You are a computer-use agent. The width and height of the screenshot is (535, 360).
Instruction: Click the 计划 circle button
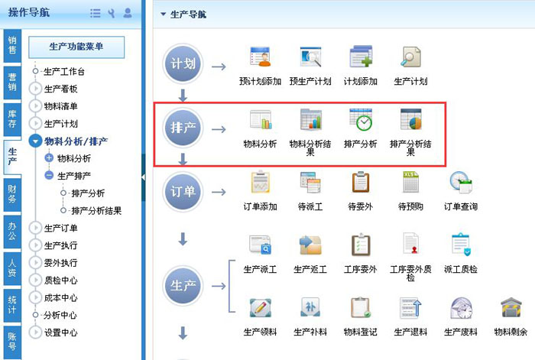pos(182,64)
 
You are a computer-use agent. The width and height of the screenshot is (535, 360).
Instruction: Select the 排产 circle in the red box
pos(182,128)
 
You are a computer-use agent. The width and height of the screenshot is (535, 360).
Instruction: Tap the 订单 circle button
pos(182,190)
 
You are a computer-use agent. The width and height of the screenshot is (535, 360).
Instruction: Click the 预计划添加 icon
pos(261,59)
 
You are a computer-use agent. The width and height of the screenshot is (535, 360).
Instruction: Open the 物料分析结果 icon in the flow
pos(311,122)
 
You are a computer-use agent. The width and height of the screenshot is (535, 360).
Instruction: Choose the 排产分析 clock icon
pos(360,122)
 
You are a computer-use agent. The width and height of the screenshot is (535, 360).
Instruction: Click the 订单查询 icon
pos(460,183)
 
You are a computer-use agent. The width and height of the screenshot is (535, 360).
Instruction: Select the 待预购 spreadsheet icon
pos(410,183)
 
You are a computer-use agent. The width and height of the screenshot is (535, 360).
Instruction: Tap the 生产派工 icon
pos(260,246)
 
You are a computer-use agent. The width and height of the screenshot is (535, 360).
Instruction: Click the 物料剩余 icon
pos(511,309)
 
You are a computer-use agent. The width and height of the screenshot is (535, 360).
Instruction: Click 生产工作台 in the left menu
pos(64,72)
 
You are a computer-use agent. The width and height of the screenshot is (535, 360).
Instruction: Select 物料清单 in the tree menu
pos(61,106)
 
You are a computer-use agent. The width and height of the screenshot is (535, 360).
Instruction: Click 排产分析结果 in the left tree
pos(96,210)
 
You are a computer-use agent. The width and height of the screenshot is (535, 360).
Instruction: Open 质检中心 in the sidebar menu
pos(61,280)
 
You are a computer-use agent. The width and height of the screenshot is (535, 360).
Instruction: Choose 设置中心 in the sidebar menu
pos(61,332)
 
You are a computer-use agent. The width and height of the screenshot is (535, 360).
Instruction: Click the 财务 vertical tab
pos(12,193)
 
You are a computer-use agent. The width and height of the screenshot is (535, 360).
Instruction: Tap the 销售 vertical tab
pos(12,45)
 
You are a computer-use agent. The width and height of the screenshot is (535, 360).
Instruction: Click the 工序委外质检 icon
pos(410,246)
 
